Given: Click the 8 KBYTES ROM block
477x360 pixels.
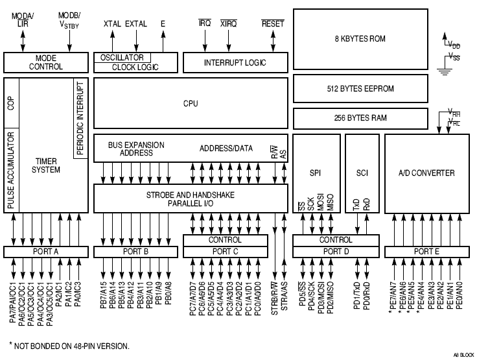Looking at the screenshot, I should [x=360, y=39].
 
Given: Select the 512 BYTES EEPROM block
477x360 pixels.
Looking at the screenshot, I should [x=360, y=89].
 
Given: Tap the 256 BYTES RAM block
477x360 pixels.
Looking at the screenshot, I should [x=360, y=119].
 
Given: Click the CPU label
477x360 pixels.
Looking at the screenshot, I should [x=191, y=104].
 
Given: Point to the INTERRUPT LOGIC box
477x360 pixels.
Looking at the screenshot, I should [x=235, y=63].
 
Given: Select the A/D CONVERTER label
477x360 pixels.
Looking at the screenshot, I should [x=426, y=173].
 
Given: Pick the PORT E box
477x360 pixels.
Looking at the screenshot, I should [x=426, y=251].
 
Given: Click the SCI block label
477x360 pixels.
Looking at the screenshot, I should [x=362, y=173].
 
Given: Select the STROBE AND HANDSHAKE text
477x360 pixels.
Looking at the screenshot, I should [x=191, y=194].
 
